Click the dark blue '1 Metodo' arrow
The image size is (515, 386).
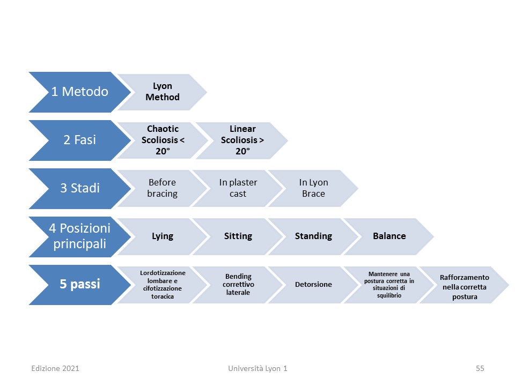[80, 92]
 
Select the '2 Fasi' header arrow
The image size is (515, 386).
[80, 140]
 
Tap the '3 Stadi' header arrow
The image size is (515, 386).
[80, 188]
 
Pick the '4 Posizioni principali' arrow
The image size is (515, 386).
[80, 236]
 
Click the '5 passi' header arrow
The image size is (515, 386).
[80, 285]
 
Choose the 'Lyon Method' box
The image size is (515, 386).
[162, 92]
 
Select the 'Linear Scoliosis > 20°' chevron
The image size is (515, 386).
[242, 140]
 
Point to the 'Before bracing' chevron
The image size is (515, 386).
[162, 188]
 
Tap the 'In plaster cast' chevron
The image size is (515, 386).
[238, 188]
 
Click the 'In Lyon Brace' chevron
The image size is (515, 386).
[314, 188]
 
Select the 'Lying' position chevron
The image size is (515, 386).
[162, 236]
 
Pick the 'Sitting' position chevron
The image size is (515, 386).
[238, 236]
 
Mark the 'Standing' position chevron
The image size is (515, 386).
[314, 236]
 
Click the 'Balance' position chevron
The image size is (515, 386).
[389, 236]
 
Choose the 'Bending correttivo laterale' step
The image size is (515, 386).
[238, 285]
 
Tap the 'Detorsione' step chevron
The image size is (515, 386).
[314, 285]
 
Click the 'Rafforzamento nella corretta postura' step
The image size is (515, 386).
[465, 285]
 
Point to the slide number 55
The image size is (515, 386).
[480, 368]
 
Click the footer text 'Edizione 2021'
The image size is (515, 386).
[55, 368]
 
